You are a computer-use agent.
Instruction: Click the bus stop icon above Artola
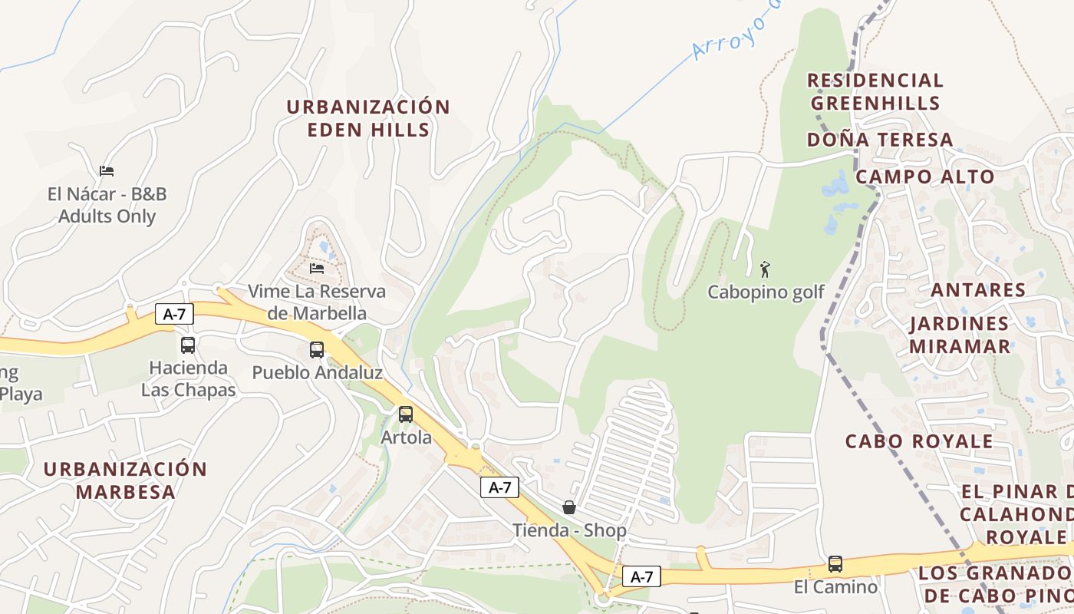pos(406,414)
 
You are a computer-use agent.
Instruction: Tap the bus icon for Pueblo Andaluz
pos(317,350)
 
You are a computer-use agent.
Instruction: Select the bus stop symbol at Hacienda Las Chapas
pos(188,345)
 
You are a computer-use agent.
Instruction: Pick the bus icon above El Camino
pos(835,564)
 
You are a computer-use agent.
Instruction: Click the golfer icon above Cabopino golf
pos(765,269)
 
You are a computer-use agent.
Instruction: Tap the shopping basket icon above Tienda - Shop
pos(569,507)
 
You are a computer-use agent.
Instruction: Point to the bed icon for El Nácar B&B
pos(107,171)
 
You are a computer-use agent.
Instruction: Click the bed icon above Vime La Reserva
pos(317,268)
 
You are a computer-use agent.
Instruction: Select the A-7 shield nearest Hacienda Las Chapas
pos(174,313)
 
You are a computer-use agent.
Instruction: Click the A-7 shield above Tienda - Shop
pos(500,487)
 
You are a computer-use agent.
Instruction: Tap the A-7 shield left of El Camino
pos(641,576)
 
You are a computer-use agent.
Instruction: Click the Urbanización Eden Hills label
pos(368,118)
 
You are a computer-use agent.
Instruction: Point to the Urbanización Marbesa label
pos(125,480)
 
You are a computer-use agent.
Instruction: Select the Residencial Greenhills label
pos(875,91)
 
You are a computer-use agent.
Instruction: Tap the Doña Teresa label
pos(880,140)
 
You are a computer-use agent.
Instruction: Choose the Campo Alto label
pos(924,177)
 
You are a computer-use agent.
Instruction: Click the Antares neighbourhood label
pos(978,290)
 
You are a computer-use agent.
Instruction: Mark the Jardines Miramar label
pos(960,335)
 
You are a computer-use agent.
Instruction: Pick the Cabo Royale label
pos(919,441)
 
